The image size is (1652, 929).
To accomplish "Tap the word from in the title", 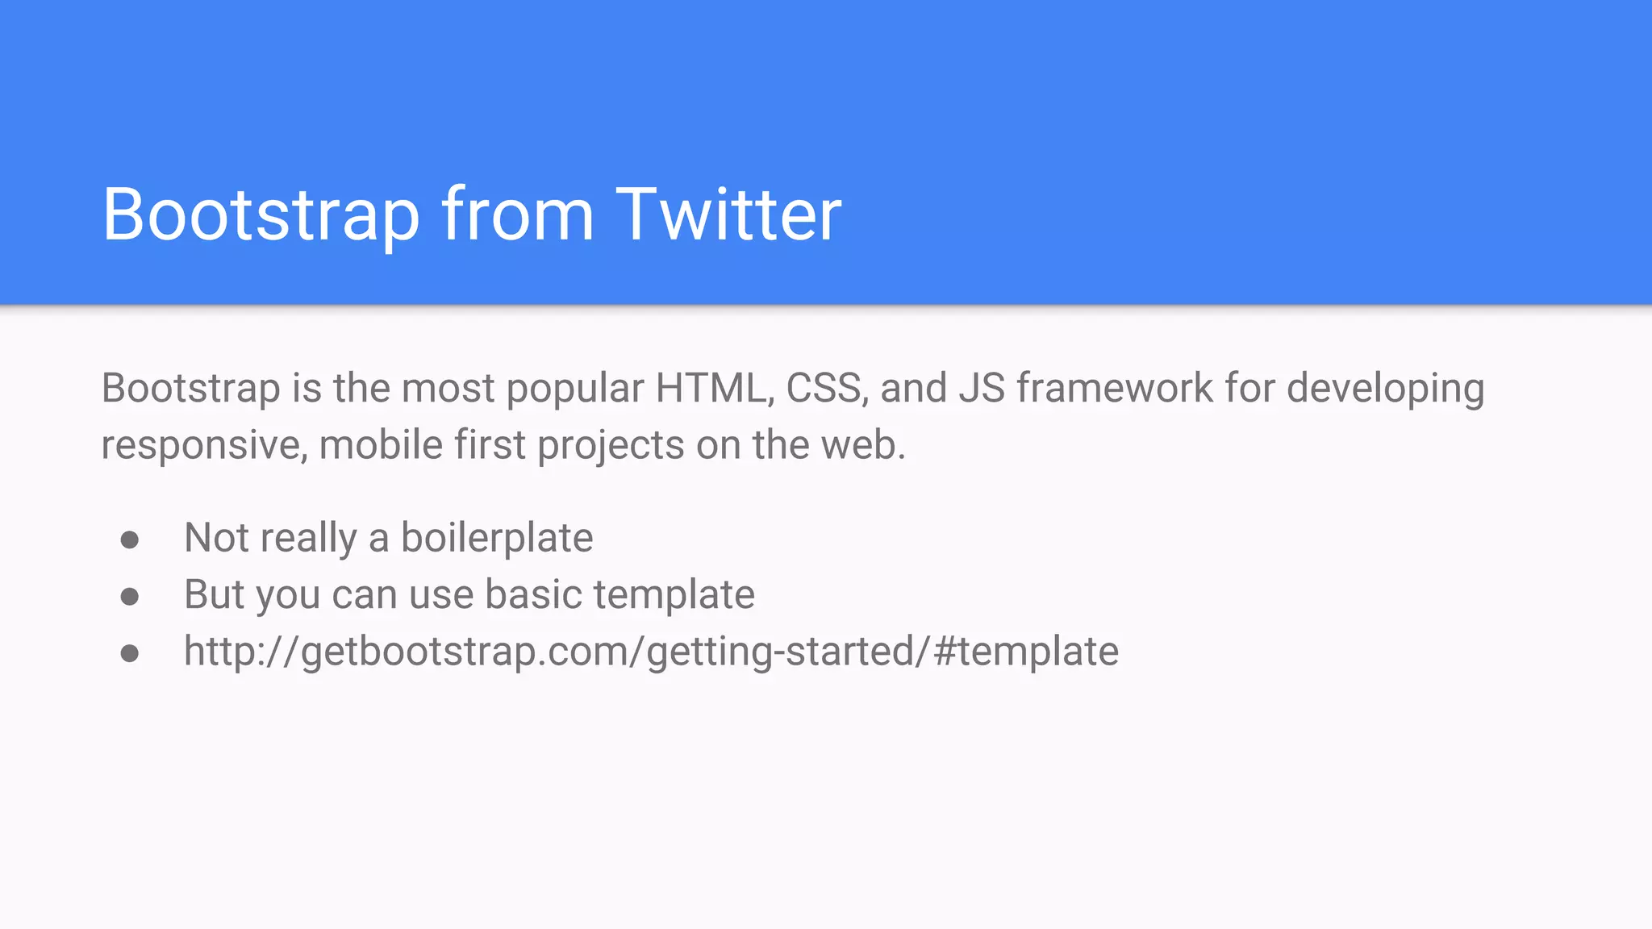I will [517, 215].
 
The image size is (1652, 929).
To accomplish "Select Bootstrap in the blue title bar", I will [261, 215].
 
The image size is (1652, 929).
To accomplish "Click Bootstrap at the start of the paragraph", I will [190, 389].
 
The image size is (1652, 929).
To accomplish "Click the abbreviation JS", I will [982, 389].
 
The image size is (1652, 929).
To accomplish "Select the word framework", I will [1115, 389].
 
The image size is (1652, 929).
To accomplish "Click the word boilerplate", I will [497, 539].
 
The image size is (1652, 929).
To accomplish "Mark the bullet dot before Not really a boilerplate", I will [130, 539].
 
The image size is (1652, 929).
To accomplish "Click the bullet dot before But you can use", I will [130, 597].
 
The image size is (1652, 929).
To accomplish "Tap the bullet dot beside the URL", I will [130, 653].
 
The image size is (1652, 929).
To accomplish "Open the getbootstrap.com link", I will [651, 652].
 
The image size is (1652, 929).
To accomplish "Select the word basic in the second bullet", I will [533, 595].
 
